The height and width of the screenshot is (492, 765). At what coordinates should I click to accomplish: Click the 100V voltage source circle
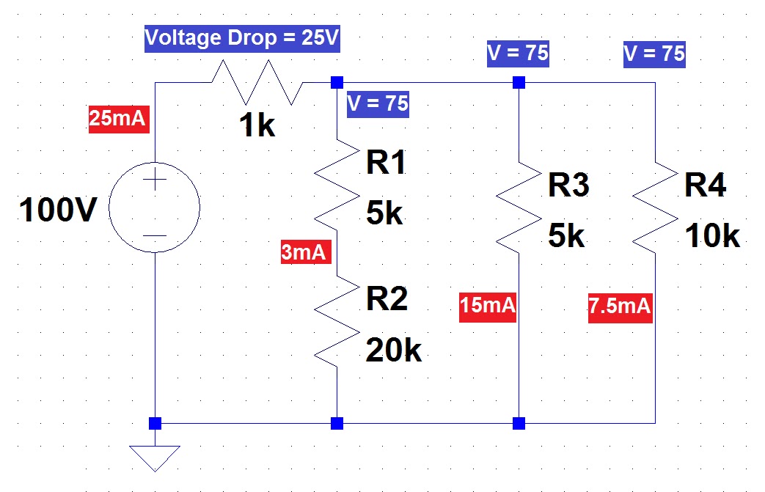click(155, 208)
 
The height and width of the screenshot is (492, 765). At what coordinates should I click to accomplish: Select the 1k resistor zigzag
click(257, 82)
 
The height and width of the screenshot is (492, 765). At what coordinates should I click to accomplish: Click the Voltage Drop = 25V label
click(243, 38)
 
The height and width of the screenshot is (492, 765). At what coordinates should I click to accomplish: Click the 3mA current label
click(305, 252)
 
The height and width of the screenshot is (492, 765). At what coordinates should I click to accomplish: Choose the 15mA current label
click(488, 305)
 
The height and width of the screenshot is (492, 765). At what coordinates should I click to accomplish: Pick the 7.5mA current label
click(620, 305)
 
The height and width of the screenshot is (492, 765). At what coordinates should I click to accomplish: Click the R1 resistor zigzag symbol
click(337, 186)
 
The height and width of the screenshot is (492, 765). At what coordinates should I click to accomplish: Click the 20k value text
click(394, 351)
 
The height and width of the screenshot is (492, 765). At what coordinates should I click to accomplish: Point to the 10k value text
click(712, 236)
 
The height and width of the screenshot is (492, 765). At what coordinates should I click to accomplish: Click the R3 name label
click(569, 186)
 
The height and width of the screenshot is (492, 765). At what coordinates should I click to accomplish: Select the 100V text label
click(58, 210)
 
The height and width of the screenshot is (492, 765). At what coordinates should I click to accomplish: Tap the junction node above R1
click(337, 82)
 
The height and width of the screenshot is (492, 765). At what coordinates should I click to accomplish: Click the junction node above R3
click(519, 82)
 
